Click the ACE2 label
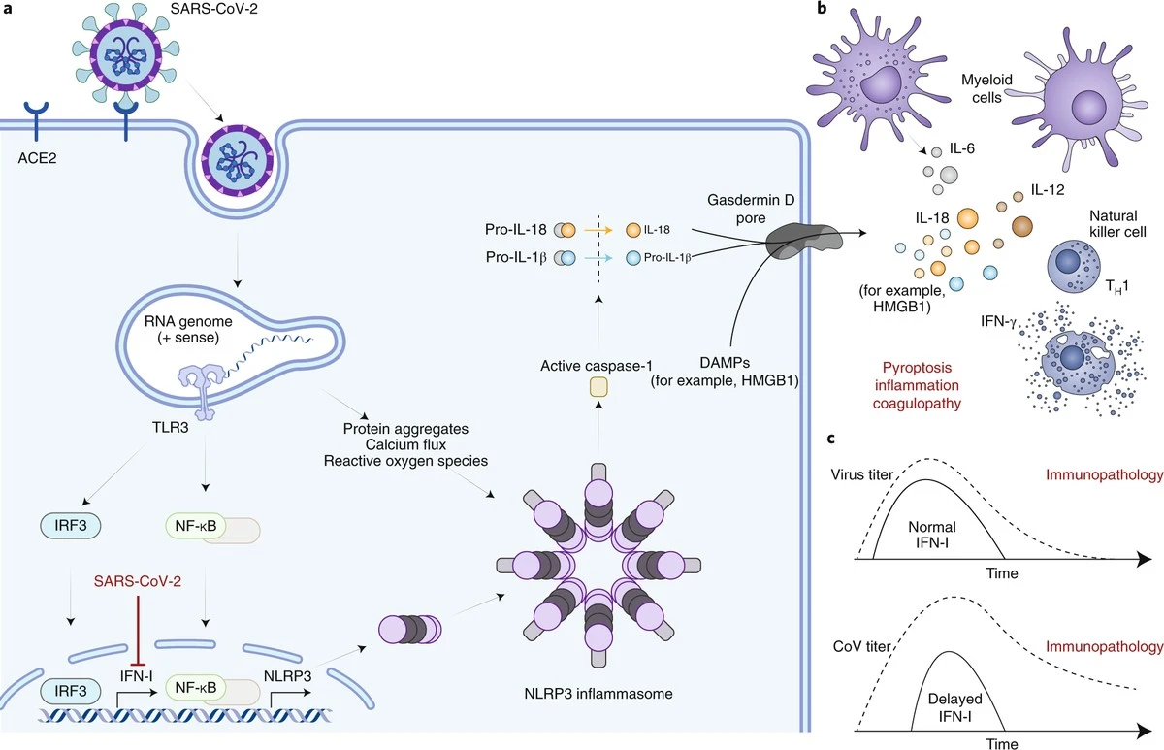click(37, 158)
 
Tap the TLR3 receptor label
click(171, 427)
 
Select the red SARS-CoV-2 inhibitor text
click(138, 581)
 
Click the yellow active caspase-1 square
click(598, 387)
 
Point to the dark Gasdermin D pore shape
click(804, 242)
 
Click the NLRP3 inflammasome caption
click(598, 694)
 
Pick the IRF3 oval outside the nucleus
click(71, 526)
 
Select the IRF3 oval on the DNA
click(71, 691)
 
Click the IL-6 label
click(962, 148)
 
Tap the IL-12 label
click(1048, 190)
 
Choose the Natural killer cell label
click(1117, 223)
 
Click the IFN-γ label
click(998, 322)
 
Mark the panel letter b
click(822, 8)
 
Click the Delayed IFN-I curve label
click(955, 707)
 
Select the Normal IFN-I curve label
click(932, 535)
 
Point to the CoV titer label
click(861, 646)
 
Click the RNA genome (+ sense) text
click(188, 330)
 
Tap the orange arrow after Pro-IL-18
click(598, 230)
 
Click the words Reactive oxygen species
click(405, 461)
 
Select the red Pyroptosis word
click(918, 368)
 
